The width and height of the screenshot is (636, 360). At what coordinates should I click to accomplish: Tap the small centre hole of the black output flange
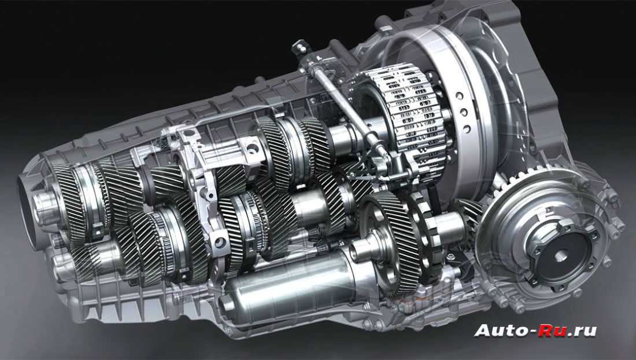point(561,255)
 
